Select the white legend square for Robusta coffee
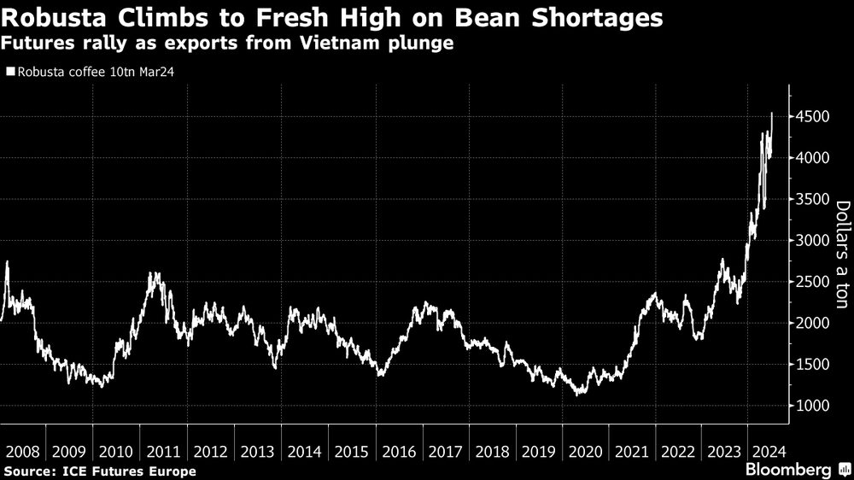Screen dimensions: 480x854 (x=10, y=72)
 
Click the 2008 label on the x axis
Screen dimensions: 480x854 (x=21, y=452)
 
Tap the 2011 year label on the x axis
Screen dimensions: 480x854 (x=162, y=452)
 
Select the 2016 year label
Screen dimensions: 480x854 (x=399, y=452)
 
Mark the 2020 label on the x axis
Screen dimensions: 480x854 (x=588, y=452)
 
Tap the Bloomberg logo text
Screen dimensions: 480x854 (x=789, y=470)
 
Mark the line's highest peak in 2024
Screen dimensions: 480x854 (x=772, y=113)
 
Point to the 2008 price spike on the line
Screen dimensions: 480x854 (x=7, y=262)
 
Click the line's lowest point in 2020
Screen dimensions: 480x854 (x=579, y=395)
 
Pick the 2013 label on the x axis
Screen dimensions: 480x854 (x=257, y=452)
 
